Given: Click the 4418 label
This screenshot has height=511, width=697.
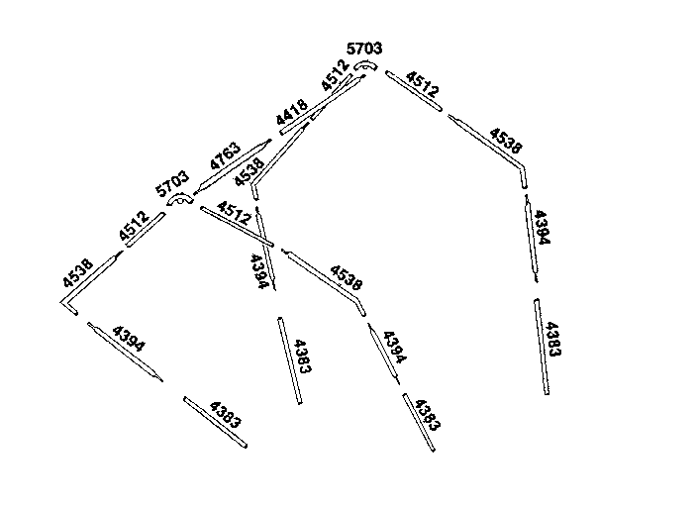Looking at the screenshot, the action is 292,112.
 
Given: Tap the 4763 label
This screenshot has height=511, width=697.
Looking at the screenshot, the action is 226,156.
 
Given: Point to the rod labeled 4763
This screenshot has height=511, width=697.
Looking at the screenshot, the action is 233,167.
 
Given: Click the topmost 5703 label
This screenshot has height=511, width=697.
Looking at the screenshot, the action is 364,49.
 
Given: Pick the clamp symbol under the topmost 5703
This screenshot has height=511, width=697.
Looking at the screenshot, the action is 365,65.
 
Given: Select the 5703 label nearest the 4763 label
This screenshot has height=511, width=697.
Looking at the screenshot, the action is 172,183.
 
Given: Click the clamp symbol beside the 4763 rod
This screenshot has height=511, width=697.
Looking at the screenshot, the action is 180,200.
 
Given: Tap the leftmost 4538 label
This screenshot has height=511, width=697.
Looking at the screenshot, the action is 78,273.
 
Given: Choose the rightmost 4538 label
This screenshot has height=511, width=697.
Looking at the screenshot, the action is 505,141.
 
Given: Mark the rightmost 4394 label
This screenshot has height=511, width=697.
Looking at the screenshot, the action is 542,227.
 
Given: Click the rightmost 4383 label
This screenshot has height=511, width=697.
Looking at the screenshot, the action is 553,340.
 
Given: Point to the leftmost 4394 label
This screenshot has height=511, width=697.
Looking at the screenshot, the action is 129,339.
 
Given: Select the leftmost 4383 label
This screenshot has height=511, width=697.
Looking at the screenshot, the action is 226,415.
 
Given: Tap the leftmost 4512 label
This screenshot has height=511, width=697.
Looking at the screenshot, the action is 134,226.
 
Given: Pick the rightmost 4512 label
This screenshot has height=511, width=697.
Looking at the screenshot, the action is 423,84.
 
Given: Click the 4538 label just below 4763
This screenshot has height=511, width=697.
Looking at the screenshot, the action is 249,173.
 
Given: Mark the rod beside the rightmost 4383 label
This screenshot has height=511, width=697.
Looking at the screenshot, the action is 542,347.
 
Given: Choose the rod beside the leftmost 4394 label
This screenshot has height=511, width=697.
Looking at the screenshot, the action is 125,352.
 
